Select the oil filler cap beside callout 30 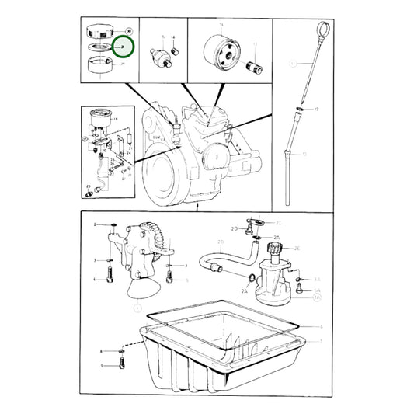coord(99,32)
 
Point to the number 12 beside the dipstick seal coord(317,110)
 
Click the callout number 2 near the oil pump coord(96,224)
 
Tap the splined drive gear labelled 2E coord(276,249)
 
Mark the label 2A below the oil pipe coord(244,290)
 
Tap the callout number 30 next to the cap coord(127,31)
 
